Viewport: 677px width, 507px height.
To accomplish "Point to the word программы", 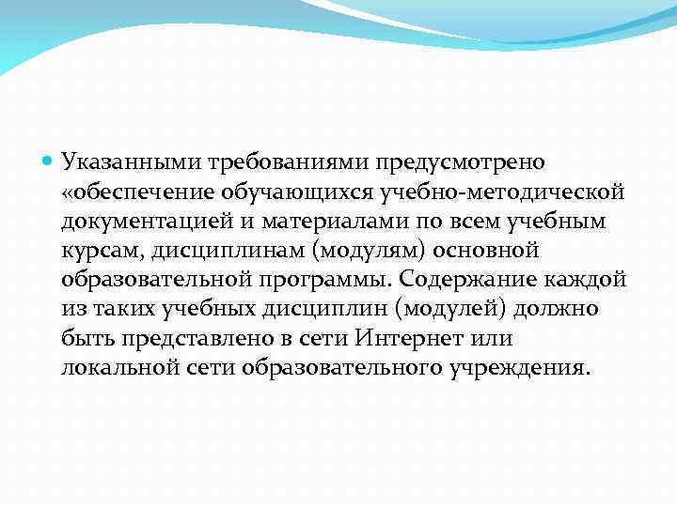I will (325, 280).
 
